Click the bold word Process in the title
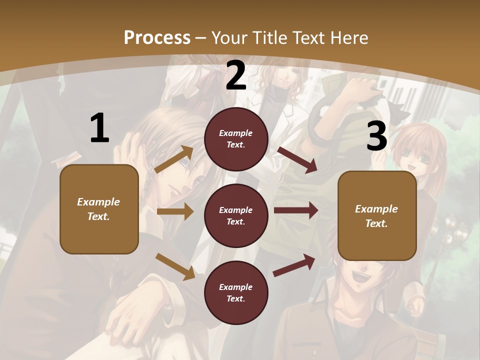[x=157, y=37]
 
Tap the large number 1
[x=99, y=128]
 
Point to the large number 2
[x=236, y=75]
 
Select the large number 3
[x=376, y=136]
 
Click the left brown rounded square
[x=99, y=209]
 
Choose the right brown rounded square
[x=377, y=216]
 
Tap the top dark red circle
[x=236, y=139]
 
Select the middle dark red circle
[x=236, y=216]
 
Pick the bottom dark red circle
[x=236, y=293]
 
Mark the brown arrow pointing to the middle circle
[x=175, y=211]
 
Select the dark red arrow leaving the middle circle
[x=296, y=210]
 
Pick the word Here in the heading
[x=349, y=37]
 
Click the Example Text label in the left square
[x=98, y=209]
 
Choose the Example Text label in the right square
[x=376, y=216]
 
